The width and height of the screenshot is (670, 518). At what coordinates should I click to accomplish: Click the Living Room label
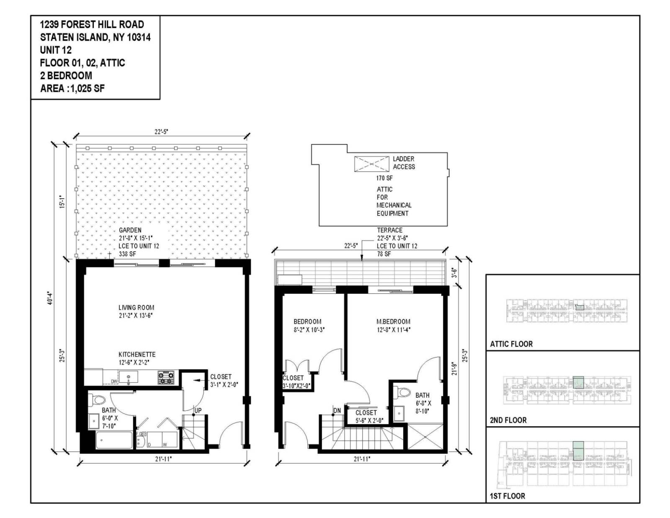tap(136, 307)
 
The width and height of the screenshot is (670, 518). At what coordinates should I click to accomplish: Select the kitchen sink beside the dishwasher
tap(128, 377)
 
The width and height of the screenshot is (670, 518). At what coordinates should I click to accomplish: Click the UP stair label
tap(198, 410)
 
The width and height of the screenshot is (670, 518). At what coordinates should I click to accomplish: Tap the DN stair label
tap(337, 410)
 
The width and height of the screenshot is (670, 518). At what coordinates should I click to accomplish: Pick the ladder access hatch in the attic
tap(371, 164)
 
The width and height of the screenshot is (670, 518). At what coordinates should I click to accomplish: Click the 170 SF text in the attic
tap(384, 178)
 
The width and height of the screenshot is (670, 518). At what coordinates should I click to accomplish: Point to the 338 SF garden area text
tap(127, 254)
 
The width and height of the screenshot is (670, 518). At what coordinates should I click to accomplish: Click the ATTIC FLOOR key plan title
tap(511, 344)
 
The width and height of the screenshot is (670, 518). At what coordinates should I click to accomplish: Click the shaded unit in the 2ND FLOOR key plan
tap(578, 382)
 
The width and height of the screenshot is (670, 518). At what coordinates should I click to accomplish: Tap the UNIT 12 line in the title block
tap(56, 50)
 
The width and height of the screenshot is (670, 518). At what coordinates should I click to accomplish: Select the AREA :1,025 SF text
tap(72, 88)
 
